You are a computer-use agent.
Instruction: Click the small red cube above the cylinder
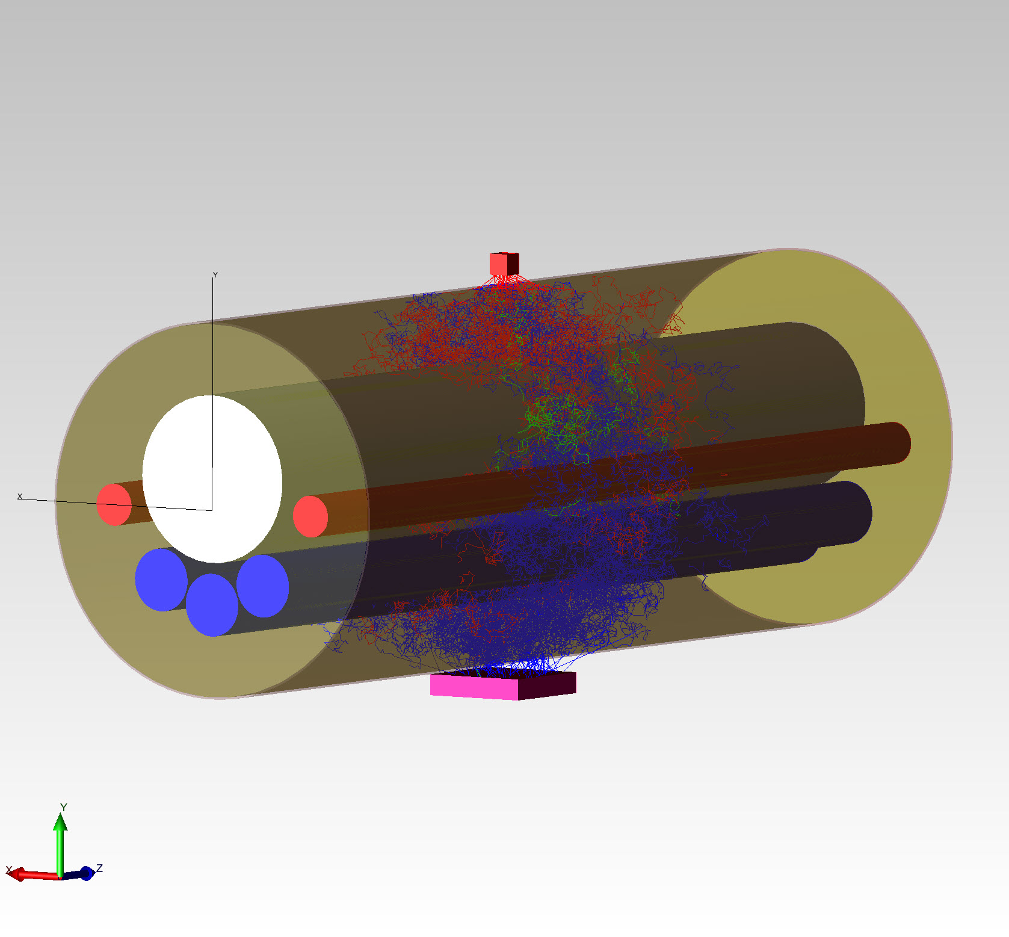504,264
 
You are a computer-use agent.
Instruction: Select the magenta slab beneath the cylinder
503,685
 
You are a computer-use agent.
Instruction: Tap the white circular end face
212,479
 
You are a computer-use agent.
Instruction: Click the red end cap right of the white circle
310,516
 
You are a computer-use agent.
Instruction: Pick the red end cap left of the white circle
114,504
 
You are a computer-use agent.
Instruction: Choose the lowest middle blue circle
212,605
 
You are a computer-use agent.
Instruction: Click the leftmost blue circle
160,580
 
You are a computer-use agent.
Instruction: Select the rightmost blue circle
263,586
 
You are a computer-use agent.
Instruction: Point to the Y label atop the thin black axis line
215,275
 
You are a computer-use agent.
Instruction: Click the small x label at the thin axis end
20,496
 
